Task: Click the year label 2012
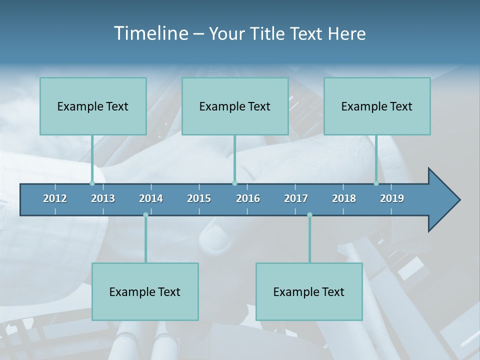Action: (55, 198)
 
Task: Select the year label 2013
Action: (103, 198)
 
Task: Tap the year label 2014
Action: (151, 198)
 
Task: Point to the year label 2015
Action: (199, 198)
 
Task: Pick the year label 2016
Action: (248, 198)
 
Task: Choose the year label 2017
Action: (296, 198)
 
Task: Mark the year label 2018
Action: (344, 198)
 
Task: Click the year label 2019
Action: (392, 198)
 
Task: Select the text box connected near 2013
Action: (93, 106)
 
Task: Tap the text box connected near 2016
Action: (235, 106)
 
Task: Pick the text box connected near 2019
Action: (377, 106)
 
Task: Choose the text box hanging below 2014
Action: (145, 291)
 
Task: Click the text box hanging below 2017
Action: (309, 291)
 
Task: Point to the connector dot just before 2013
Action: (92, 183)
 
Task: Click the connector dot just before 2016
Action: (234, 183)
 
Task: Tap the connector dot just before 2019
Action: (376, 183)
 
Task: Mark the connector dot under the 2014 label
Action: (145, 215)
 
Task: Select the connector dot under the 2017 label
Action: (309, 215)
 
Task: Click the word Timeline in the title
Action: (150, 33)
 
